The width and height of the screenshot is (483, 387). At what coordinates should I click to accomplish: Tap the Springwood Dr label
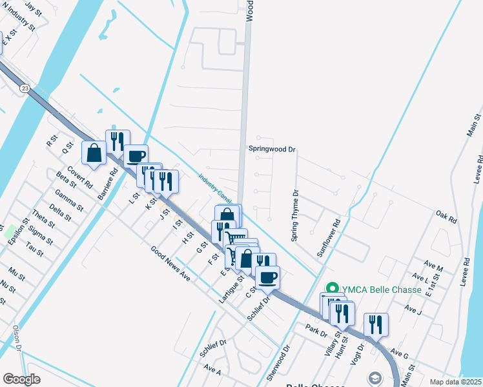point(272,149)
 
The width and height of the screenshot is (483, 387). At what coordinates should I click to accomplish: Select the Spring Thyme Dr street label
point(295,215)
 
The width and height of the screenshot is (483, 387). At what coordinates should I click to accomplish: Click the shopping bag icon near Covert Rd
point(94,153)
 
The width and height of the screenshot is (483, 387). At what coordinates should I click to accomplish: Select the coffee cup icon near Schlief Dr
point(267,277)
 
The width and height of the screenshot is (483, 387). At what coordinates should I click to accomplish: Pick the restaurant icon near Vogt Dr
point(376,324)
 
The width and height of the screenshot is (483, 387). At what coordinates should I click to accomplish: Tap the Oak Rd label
point(446,217)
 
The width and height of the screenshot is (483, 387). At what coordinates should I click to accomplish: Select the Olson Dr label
point(16,339)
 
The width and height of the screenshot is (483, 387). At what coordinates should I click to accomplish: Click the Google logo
point(22,379)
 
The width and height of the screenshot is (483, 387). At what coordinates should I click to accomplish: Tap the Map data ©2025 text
point(455,381)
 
